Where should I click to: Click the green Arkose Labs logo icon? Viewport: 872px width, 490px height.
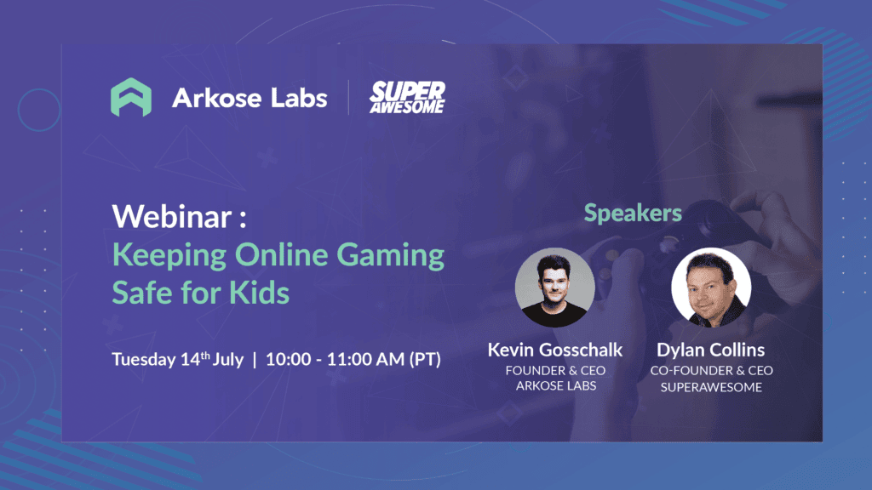tap(130, 97)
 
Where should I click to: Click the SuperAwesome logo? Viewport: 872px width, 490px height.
tap(407, 97)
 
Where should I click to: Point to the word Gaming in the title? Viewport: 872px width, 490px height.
tap(390, 256)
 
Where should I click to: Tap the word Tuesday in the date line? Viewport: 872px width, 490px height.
tap(143, 360)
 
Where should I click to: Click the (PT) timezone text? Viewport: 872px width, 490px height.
tap(425, 359)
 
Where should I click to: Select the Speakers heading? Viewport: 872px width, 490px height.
tap(633, 214)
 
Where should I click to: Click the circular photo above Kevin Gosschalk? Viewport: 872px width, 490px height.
tap(554, 288)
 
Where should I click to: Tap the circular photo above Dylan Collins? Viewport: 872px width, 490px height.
tap(711, 288)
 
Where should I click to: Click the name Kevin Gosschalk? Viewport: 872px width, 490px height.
tap(555, 350)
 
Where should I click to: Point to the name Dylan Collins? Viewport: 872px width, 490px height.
tap(711, 350)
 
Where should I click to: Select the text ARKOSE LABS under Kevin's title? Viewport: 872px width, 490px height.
tap(555, 385)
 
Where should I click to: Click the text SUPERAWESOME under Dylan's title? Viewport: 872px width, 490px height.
tap(711, 387)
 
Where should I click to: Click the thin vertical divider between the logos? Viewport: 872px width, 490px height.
tap(348, 97)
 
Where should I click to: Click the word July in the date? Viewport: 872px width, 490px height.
tap(228, 360)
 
